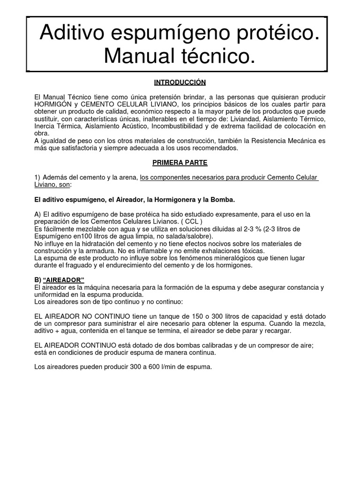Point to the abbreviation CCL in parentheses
point(192,221)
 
